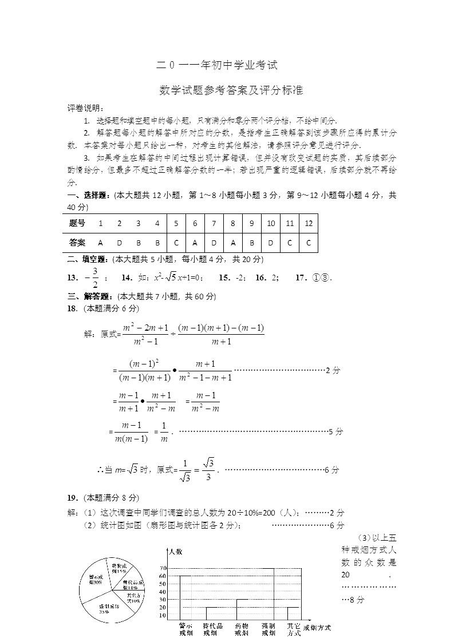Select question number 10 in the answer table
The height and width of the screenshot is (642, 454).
[x=271, y=223]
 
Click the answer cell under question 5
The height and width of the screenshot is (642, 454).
[x=176, y=243]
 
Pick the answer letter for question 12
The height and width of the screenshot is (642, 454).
[x=309, y=243]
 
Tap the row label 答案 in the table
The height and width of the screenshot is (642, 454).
[x=77, y=243]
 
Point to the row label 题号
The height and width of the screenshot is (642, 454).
[x=77, y=223]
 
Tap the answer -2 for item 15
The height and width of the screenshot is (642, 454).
[x=239, y=278]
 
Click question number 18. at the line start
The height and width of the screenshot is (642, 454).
[x=72, y=309]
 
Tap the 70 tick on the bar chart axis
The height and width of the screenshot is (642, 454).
[x=163, y=568]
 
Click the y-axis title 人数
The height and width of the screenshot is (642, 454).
[x=175, y=552]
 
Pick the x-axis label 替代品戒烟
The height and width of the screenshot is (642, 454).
[x=213, y=629]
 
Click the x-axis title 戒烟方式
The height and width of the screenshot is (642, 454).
[x=317, y=628]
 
